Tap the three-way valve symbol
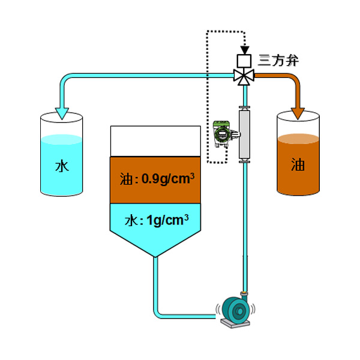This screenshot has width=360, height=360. [x=244, y=76]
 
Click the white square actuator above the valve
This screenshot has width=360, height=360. [x=244, y=61]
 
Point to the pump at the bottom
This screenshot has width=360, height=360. [x=236, y=310]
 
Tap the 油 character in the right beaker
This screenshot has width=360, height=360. [x=298, y=165]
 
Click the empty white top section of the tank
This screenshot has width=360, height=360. [x=155, y=141]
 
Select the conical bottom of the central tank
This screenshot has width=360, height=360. [x=155, y=243]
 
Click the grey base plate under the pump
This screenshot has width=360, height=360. [x=235, y=325]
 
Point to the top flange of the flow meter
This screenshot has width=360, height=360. [x=244, y=109]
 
